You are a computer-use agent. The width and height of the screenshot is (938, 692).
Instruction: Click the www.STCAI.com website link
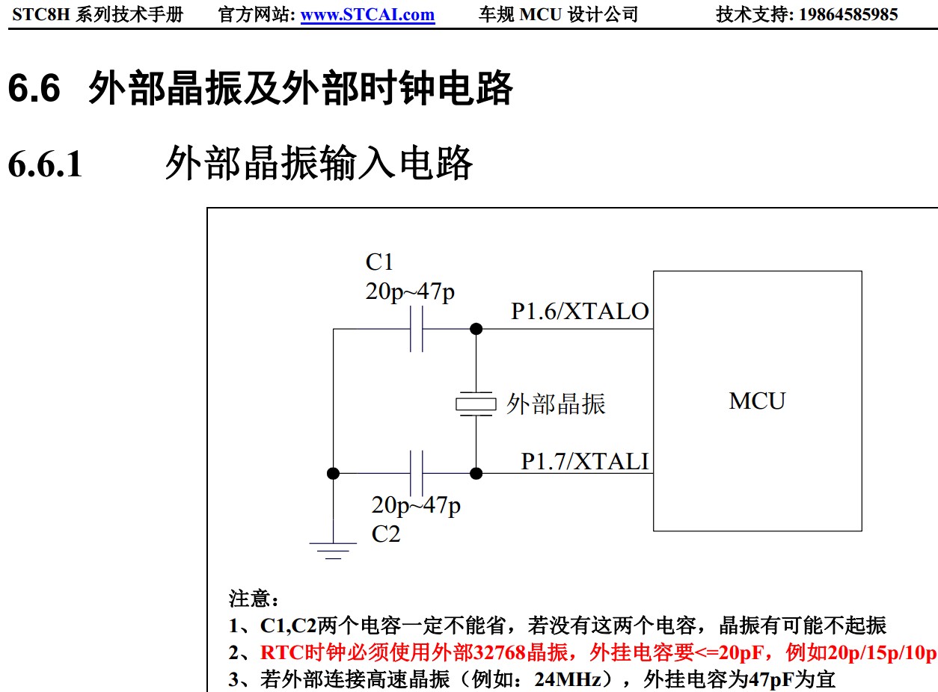pos(367,14)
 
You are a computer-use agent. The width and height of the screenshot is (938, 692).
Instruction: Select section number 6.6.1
pos(45,164)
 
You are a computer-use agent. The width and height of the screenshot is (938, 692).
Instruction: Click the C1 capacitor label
pos(379,262)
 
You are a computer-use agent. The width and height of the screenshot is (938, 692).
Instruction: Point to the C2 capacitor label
pos(386,534)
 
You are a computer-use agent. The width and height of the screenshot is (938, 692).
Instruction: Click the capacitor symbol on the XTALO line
pos(417,329)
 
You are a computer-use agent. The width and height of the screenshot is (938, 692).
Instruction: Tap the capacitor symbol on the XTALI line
pos(417,473)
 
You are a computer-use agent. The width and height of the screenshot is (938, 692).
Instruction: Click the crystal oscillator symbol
pos(476,404)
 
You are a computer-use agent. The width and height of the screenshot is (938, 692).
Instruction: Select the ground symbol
pos(333,550)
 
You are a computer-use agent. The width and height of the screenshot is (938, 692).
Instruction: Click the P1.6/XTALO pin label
pos(580,312)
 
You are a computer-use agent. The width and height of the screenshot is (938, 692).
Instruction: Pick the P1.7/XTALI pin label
pos(585,462)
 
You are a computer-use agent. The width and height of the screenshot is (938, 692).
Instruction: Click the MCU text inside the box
pos(757,401)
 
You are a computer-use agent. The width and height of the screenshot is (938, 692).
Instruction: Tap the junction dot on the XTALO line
pos(476,329)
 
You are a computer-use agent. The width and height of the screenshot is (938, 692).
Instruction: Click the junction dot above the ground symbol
pos(334,473)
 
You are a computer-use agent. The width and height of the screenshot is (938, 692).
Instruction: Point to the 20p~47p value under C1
pos(410,291)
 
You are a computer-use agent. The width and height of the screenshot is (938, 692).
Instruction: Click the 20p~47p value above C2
pos(416,506)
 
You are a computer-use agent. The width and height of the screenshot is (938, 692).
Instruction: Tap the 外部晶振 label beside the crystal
pos(556,404)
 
